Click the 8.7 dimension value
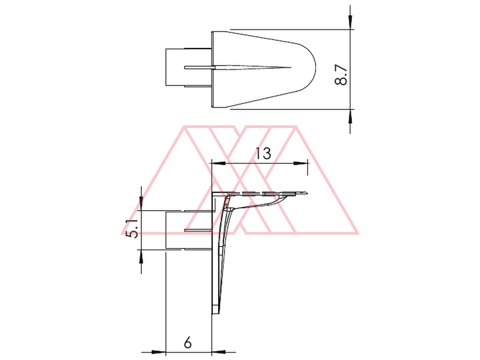(x=341, y=75)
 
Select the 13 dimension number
(x=263, y=154)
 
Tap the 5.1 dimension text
(x=133, y=229)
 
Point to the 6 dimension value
(x=188, y=342)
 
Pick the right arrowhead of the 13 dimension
(x=300, y=164)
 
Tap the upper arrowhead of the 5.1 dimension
(x=141, y=203)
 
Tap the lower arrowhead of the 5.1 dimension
(x=141, y=257)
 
